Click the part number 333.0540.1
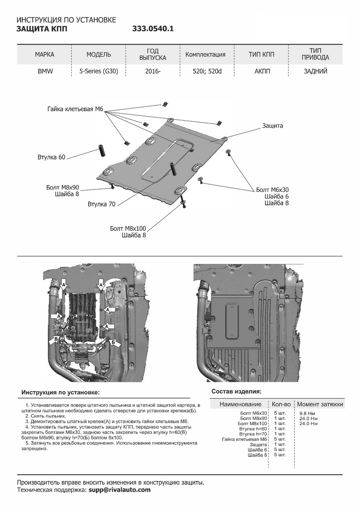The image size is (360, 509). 153,29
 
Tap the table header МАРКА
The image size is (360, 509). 45,54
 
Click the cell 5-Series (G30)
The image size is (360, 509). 99,71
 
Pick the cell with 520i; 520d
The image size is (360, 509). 205,71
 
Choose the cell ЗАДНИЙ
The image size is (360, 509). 315,71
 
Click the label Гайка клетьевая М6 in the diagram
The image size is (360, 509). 75,109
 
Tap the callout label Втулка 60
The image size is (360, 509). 51,158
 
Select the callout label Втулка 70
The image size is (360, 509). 101,204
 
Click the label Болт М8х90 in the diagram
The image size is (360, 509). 63,187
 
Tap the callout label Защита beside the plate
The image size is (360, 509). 272,126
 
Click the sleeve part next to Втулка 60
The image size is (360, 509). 102,151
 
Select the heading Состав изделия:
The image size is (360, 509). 236,391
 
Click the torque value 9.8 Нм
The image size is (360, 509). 307,413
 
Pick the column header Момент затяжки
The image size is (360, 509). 320,404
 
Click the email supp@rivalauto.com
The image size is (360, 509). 120,490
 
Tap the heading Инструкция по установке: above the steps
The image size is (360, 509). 61,393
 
